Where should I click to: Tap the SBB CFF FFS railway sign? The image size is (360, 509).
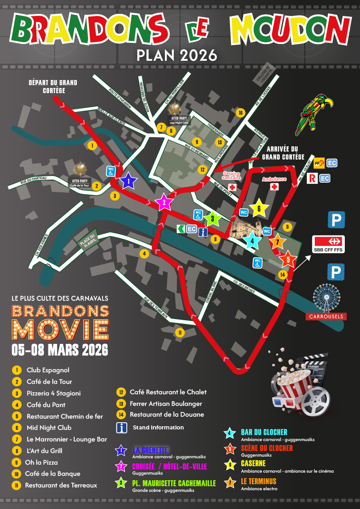(x=328, y=244)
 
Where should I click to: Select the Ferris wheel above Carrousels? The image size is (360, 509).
(x=326, y=297)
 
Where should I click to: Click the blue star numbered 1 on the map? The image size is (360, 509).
(x=128, y=182)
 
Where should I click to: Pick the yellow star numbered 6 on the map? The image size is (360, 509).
(x=258, y=208)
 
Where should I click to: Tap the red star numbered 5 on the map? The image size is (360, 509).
(x=288, y=259)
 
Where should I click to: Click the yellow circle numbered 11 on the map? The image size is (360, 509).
(x=180, y=333)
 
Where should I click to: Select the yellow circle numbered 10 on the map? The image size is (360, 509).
(x=240, y=113)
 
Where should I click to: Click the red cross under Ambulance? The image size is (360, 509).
(x=274, y=187)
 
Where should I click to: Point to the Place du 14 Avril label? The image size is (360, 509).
(x=87, y=242)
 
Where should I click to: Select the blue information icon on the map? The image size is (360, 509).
(x=203, y=232)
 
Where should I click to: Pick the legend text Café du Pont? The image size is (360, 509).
(x=46, y=405)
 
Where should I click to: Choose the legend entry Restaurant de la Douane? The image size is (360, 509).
(x=167, y=415)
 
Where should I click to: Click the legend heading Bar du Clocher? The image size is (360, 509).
(x=264, y=432)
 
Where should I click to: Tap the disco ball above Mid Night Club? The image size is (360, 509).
(x=174, y=108)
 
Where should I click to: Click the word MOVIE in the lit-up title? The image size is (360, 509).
(x=60, y=329)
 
